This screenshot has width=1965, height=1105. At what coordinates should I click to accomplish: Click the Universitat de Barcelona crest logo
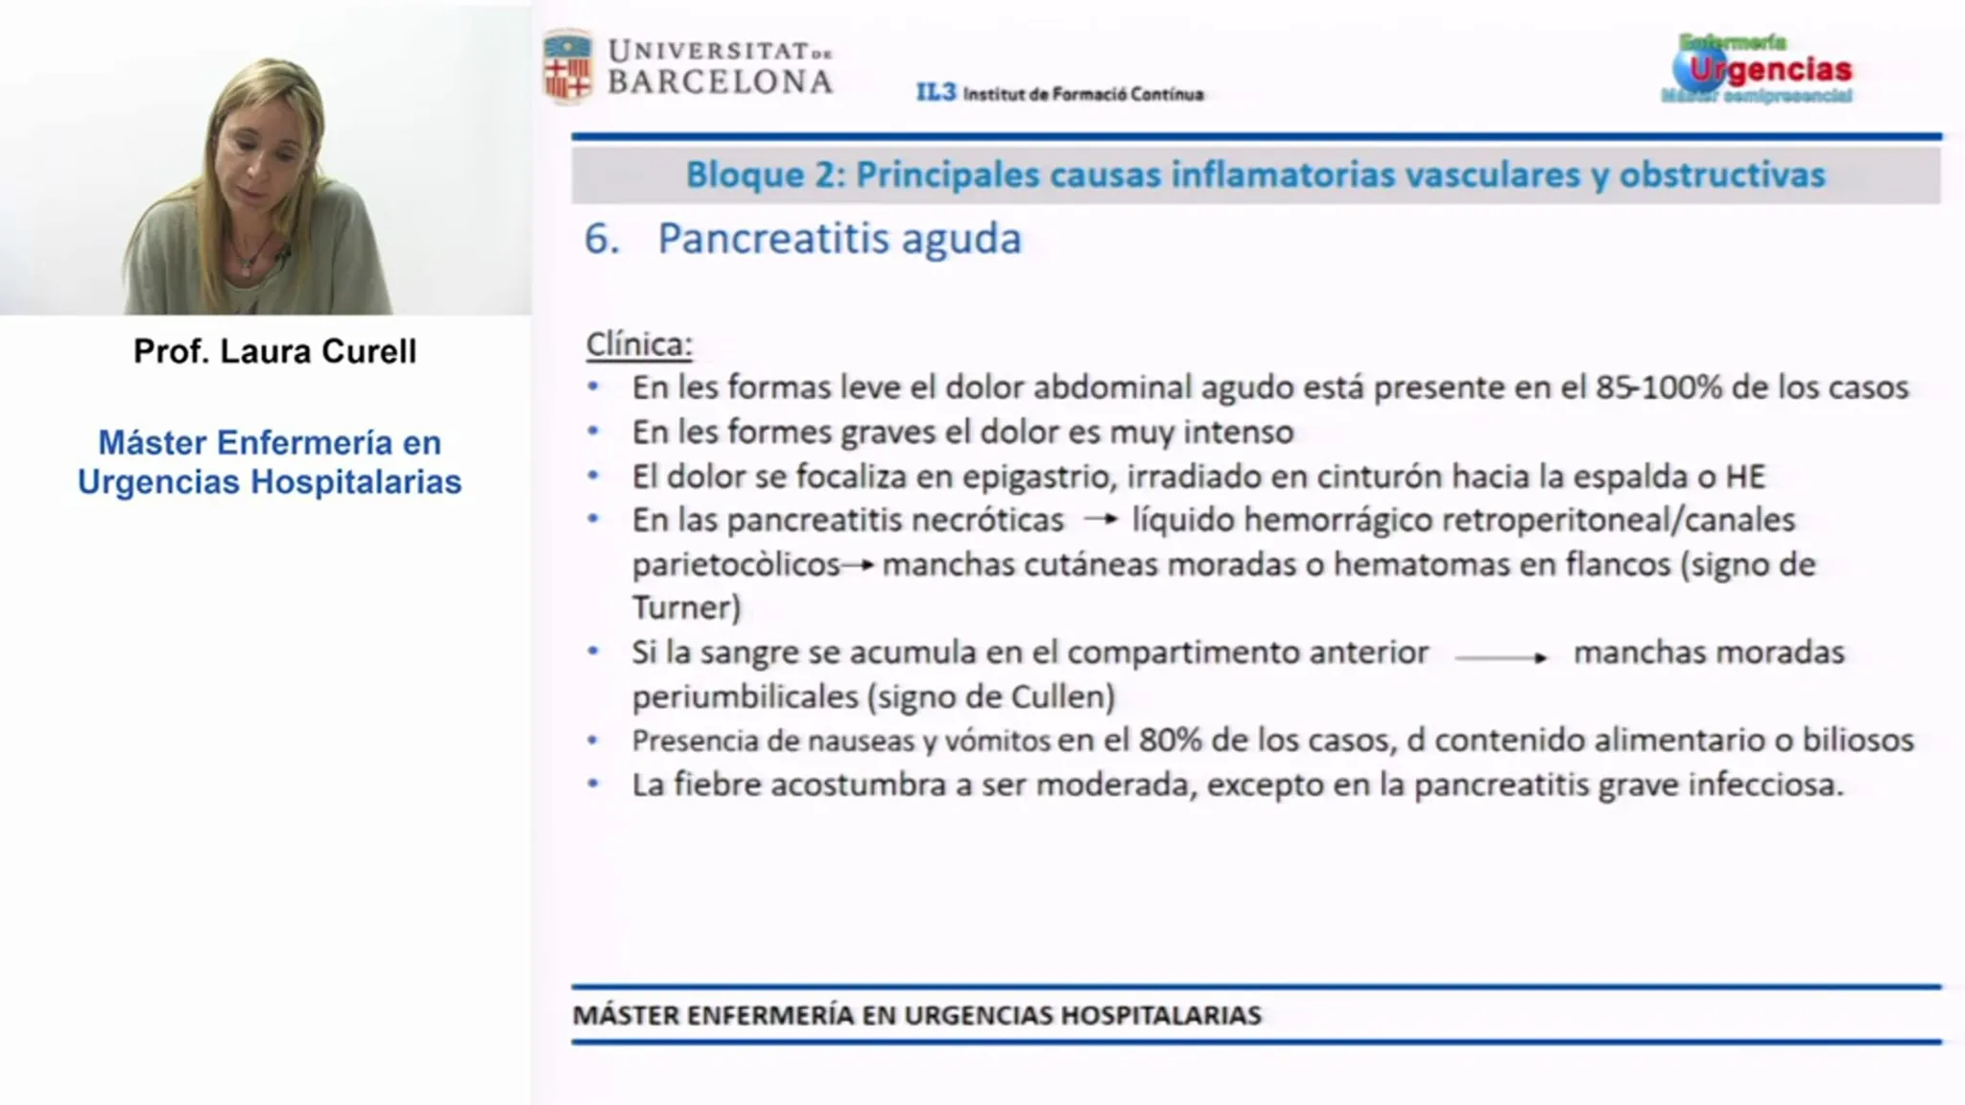click(x=567, y=66)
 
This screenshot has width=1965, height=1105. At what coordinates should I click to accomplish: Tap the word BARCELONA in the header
click(x=720, y=82)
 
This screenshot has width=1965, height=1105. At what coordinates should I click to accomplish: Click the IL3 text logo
click(x=935, y=92)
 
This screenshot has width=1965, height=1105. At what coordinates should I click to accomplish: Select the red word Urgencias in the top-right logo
click(x=1770, y=69)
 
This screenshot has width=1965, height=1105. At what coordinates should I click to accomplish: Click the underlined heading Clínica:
click(x=639, y=343)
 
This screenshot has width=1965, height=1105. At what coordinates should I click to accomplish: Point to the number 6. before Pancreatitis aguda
click(x=602, y=238)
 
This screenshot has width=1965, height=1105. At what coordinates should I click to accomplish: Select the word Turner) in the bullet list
click(x=686, y=607)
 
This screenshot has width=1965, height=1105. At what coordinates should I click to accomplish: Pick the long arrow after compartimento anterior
click(x=1501, y=657)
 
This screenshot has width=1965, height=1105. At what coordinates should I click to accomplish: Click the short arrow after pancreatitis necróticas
click(x=1101, y=519)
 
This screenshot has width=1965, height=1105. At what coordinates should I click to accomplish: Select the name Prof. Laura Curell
click(x=274, y=351)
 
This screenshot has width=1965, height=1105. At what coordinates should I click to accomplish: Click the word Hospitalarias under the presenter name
click(x=356, y=482)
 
